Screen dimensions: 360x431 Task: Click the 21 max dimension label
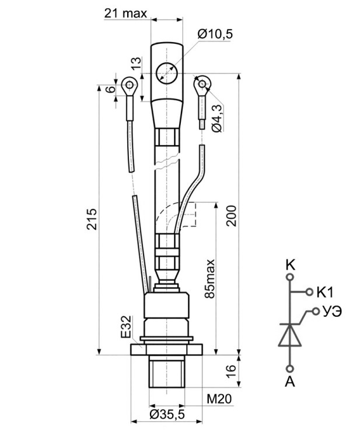point(125,13)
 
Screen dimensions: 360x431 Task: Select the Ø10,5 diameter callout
point(215,34)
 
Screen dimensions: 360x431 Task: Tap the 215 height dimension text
point(92,219)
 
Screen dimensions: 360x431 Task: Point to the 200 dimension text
point(231,216)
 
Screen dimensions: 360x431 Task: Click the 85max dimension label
point(210,278)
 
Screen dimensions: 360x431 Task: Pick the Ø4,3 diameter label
point(217,119)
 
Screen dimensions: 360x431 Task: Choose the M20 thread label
point(219,399)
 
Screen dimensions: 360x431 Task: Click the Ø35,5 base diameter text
point(167,415)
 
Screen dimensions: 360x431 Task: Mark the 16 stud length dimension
point(231,372)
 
